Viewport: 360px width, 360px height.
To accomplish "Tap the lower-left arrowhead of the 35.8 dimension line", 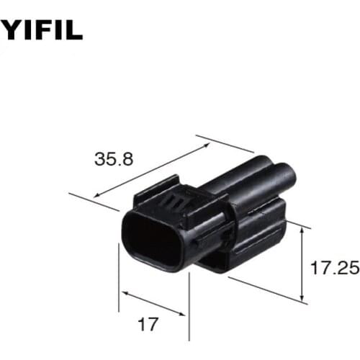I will coord(96,194).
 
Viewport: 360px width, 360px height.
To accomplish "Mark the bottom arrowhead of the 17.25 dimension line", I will coord(302,298).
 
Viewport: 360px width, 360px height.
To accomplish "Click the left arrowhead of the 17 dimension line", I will coord(124,293).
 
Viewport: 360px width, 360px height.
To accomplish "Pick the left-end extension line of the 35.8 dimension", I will coord(92,201).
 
